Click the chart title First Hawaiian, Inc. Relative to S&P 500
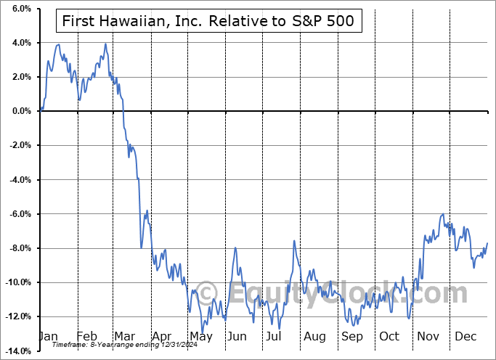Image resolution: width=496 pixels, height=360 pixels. click(x=205, y=21)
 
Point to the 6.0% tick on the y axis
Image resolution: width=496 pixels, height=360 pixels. click(x=20, y=9)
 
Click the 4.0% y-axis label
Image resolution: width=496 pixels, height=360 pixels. click(x=20, y=43)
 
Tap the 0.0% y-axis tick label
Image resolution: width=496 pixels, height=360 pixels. click(x=20, y=111)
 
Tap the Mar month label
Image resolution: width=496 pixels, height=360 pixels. click(x=125, y=337)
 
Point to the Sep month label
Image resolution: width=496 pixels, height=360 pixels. click(x=351, y=337)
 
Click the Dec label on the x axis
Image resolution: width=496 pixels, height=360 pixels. click(x=465, y=337)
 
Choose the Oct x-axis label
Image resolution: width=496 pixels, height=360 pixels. click(x=389, y=337)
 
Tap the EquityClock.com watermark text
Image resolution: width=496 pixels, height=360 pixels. click(x=334, y=293)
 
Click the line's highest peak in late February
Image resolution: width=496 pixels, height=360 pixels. click(x=105, y=44)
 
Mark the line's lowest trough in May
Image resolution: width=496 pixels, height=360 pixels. click(x=203, y=332)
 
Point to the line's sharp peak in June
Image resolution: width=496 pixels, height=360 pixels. click(x=235, y=247)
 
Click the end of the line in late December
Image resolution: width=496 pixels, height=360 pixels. click(x=487, y=242)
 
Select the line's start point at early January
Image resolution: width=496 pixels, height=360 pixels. click(x=41, y=110)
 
